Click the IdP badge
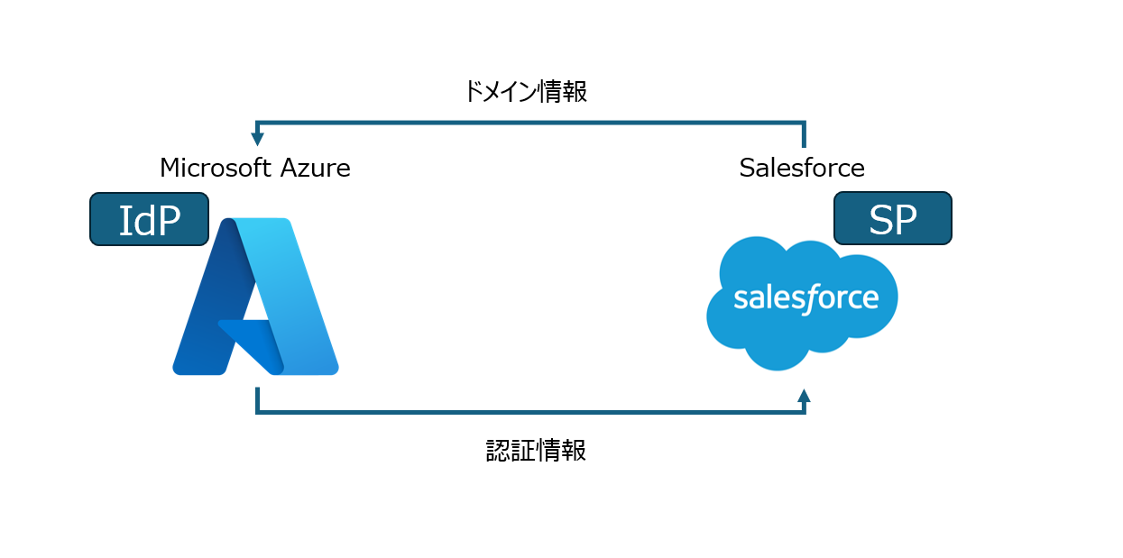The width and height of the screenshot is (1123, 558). coord(149,219)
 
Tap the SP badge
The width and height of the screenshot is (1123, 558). coord(892,218)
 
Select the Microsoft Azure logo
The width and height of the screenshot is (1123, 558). coord(255,297)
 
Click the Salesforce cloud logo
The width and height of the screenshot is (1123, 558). coord(801,300)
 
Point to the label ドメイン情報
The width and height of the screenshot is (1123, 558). coord(525,92)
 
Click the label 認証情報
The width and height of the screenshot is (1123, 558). coord(537,451)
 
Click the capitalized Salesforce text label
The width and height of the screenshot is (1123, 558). coord(801,168)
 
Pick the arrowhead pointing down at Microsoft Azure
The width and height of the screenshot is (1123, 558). coord(257,139)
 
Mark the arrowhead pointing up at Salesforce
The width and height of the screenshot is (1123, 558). coord(804,395)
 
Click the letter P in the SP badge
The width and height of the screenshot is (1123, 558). coord(905,219)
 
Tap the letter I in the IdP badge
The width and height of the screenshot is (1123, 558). coord(126,219)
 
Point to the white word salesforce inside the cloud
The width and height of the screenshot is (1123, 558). coord(805,298)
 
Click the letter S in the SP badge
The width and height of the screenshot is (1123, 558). coord(879,219)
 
